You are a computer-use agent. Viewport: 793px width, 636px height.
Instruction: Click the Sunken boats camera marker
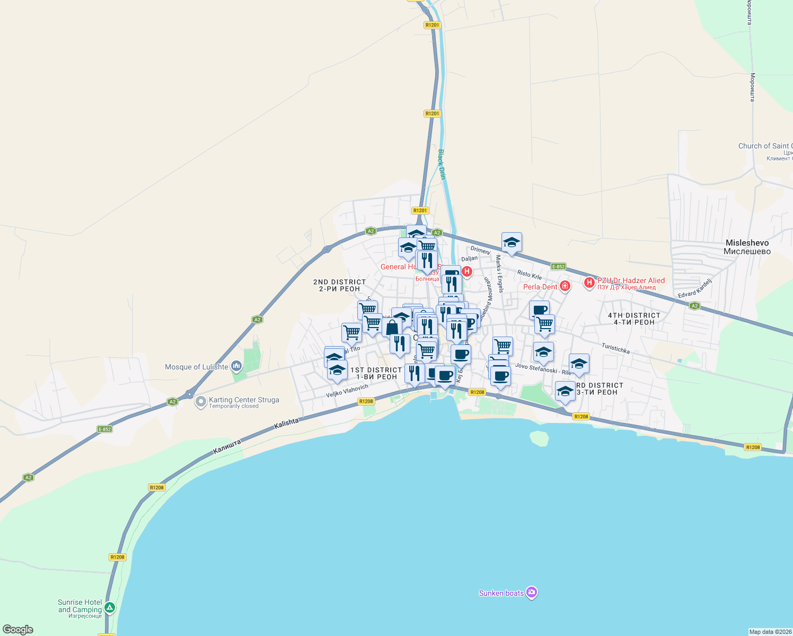tap(532, 593)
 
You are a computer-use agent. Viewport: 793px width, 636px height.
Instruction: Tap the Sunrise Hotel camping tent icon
tap(110, 607)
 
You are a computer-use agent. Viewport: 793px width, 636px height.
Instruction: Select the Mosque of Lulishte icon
tap(236, 366)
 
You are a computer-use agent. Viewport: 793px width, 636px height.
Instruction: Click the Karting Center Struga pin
tap(200, 402)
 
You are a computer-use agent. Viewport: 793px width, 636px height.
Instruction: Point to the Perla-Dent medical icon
tap(565, 287)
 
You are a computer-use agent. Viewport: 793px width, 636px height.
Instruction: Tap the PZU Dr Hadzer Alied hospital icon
tap(589, 282)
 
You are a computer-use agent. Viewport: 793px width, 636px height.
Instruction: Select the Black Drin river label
tap(442, 164)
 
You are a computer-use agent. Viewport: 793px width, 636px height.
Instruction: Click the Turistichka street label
tap(615, 348)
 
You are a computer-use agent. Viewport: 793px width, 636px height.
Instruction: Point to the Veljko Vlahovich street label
tap(347, 391)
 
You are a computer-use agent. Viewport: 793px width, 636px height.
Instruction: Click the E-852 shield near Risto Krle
tap(558, 267)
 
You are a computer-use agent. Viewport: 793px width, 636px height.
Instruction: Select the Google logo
tap(18, 630)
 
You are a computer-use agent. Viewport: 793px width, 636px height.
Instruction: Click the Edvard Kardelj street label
tap(695, 288)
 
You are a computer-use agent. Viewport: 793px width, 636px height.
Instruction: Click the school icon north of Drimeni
tap(512, 243)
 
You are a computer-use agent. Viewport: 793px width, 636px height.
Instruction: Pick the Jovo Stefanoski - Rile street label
tap(543, 369)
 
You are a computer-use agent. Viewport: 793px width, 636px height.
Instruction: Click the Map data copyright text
tap(770, 632)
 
